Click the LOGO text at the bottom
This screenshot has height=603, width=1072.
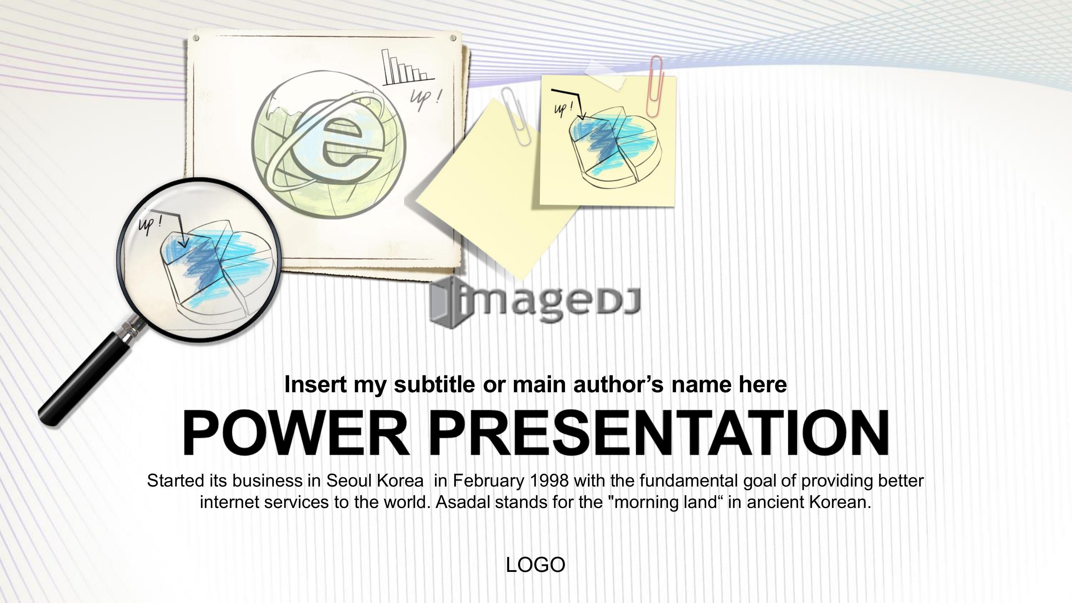[x=536, y=565]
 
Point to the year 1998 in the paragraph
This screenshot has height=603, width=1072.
[x=549, y=481]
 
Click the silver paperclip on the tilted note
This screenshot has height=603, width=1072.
[x=516, y=116]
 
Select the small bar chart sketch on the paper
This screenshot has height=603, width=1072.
[x=408, y=68]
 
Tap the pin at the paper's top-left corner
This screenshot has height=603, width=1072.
[x=196, y=38]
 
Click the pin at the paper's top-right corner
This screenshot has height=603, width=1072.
[x=453, y=38]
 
